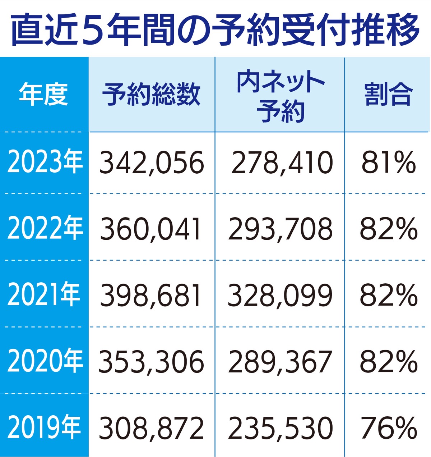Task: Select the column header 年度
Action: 43,95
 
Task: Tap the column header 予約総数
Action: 151,95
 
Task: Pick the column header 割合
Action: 388,95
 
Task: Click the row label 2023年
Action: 45,162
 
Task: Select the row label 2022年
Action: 45,229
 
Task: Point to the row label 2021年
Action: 43,295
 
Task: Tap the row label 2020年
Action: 45,361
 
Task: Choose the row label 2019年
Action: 44,428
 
